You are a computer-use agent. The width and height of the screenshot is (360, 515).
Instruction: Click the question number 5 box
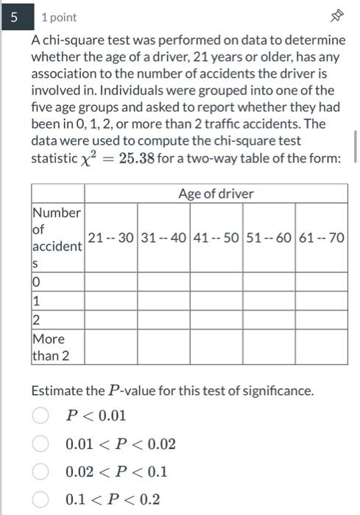pyautogui.click(x=13, y=16)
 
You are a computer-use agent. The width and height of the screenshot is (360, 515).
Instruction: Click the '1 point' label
pyautogui.click(x=59, y=17)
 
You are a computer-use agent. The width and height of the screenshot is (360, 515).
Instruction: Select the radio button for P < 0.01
pyautogui.click(x=41, y=416)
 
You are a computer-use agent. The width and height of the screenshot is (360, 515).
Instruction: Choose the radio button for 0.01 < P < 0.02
pyautogui.click(x=41, y=444)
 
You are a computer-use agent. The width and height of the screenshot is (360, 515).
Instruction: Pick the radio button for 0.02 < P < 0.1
pyautogui.click(x=41, y=472)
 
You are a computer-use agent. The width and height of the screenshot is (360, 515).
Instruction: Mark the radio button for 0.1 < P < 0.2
pyautogui.click(x=41, y=500)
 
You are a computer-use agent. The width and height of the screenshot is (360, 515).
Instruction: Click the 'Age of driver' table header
pyautogui.click(x=216, y=193)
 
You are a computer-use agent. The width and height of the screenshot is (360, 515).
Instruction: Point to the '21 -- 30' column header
pyautogui.click(x=110, y=238)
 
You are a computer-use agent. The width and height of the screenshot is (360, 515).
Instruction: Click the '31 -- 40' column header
pyautogui.click(x=163, y=238)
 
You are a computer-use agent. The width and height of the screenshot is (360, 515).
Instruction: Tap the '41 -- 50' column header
pyautogui.click(x=216, y=238)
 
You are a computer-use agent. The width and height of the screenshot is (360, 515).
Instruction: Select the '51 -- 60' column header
pyautogui.click(x=269, y=238)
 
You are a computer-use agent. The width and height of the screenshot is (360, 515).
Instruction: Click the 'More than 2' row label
pyautogui.click(x=49, y=347)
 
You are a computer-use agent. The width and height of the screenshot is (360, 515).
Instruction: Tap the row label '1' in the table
pyautogui.click(x=35, y=301)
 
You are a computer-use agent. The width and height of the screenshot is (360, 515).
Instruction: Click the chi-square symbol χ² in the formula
pyautogui.click(x=91, y=158)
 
